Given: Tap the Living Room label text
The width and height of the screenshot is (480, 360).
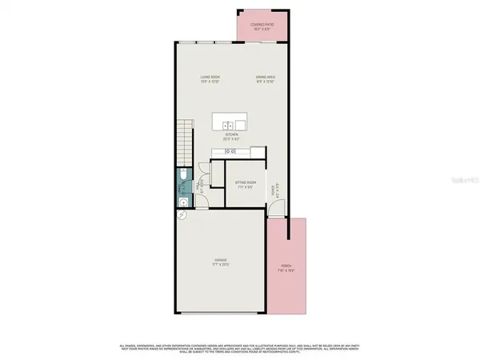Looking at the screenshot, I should pos(210,77).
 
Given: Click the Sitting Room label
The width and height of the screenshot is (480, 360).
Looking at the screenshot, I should pos(245,182).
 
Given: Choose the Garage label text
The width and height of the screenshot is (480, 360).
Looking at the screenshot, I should pos(220,260).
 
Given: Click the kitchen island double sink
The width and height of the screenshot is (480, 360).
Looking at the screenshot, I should pos(228,124).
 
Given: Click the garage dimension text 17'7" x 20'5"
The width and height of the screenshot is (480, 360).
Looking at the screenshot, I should pos(220,265).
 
